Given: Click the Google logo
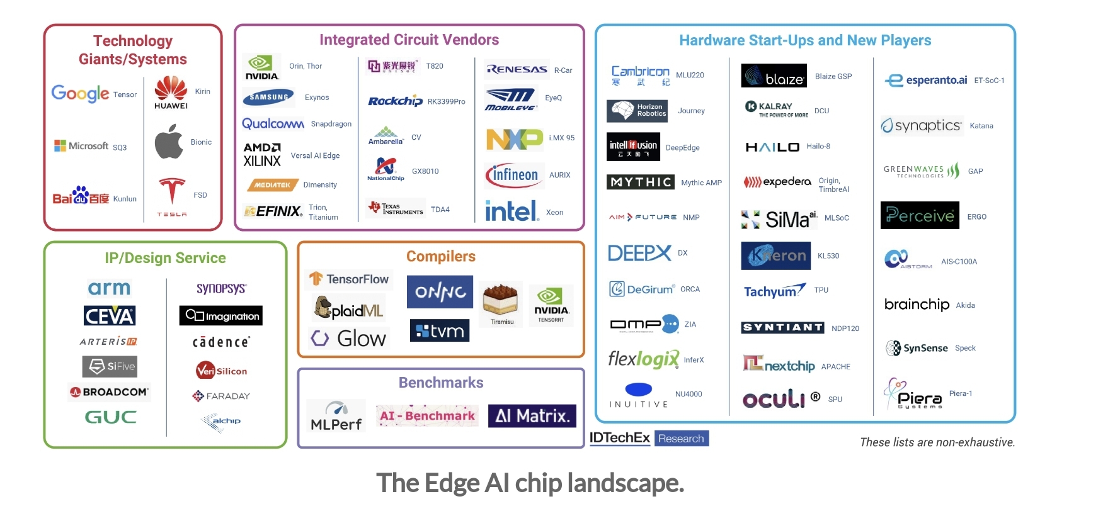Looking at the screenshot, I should [80, 94].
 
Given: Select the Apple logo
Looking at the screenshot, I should [169, 142].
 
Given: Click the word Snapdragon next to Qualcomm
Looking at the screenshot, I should [331, 124].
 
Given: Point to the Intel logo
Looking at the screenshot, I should [511, 211].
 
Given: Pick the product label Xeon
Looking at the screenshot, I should [554, 213].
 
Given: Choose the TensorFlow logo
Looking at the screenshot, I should [349, 279].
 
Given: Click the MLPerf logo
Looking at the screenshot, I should [336, 416].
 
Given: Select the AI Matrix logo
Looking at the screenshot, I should [532, 416].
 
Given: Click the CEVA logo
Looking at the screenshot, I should [110, 315].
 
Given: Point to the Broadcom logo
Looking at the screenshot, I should [110, 391].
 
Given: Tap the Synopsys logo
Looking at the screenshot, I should [221, 288].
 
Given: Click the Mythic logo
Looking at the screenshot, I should [640, 182].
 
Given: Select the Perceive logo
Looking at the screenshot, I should [919, 216].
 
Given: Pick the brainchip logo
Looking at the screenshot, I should [917, 305].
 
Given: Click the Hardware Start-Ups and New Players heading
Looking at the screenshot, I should [804, 40].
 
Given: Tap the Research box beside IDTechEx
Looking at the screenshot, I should [681, 439].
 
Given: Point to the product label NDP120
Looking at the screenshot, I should [845, 328].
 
